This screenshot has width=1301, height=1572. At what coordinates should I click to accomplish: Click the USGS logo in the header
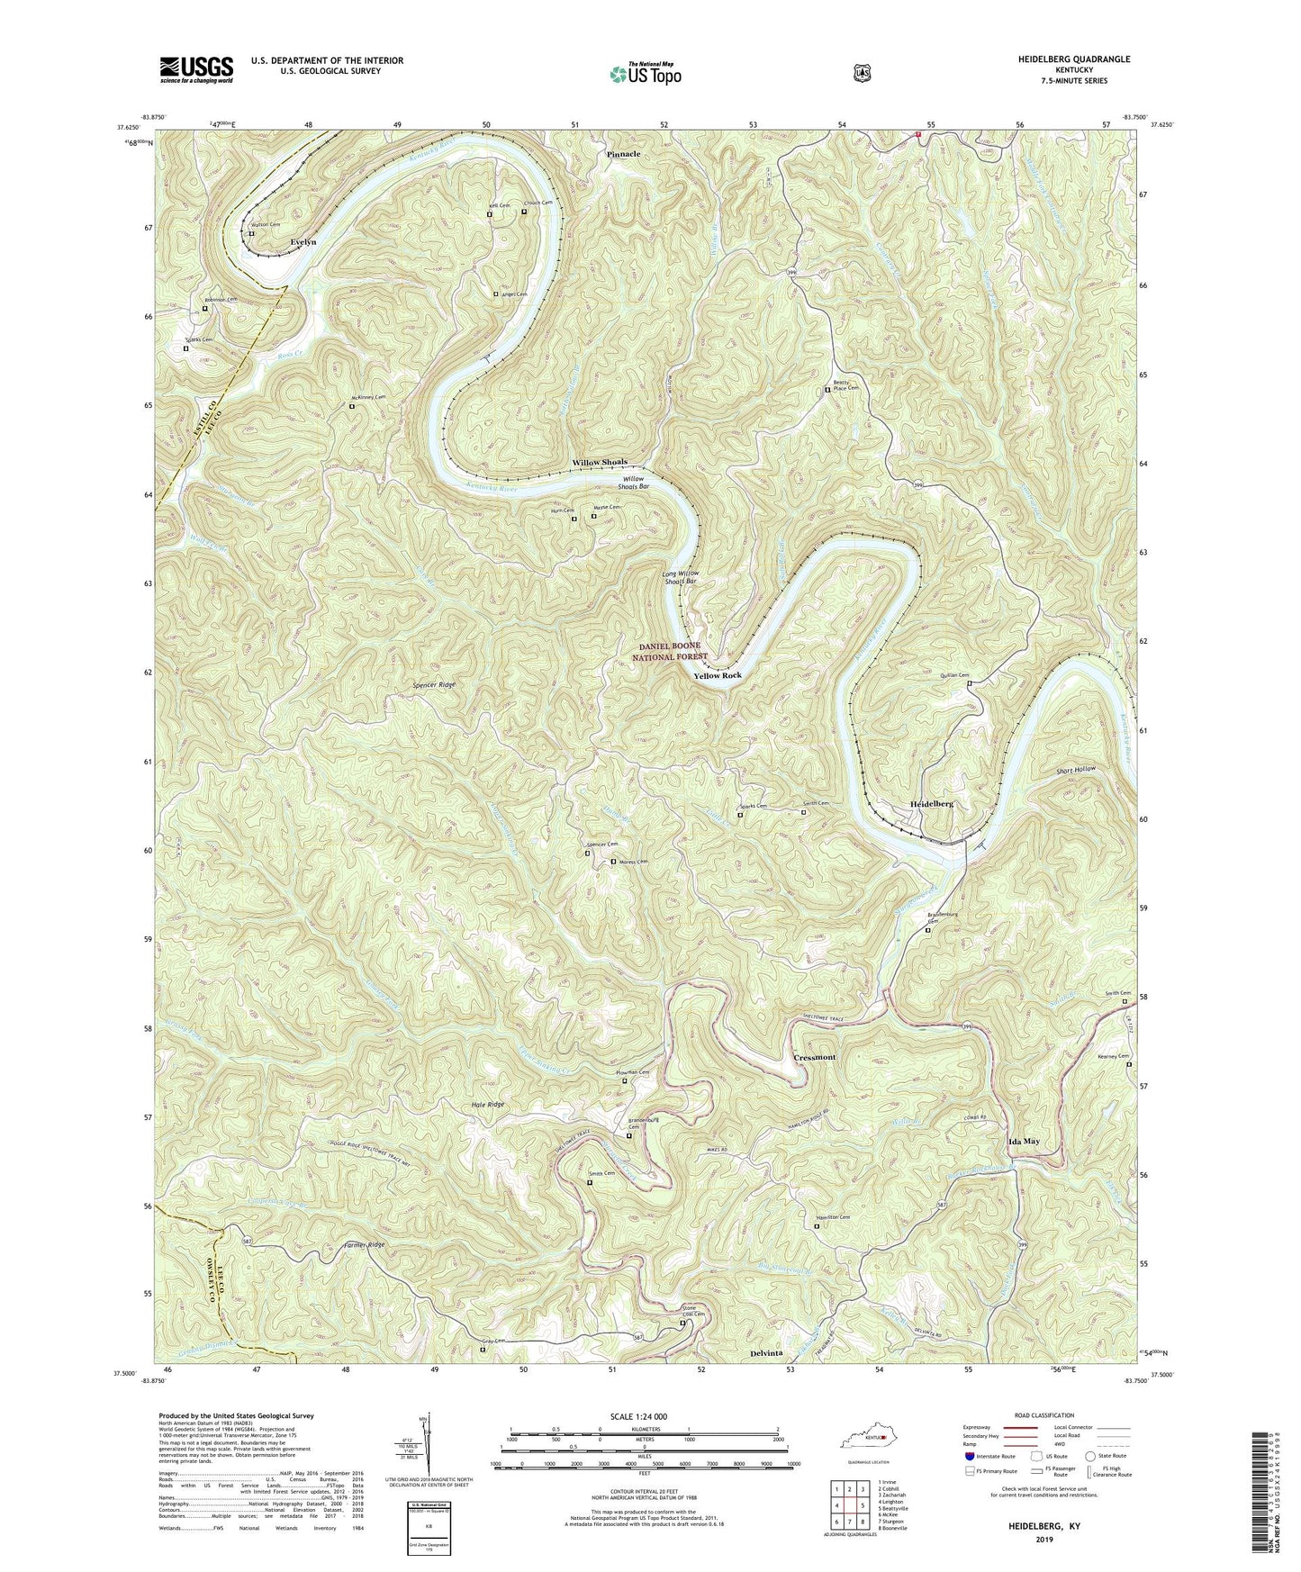point(196,68)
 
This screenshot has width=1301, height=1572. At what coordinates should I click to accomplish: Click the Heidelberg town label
point(931,803)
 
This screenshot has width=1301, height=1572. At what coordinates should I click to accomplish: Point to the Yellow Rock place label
point(717,675)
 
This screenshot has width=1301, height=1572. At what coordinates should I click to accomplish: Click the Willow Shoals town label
point(600,462)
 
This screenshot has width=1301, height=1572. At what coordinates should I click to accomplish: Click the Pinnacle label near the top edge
point(623,155)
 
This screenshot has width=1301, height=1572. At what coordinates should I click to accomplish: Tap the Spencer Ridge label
point(434,685)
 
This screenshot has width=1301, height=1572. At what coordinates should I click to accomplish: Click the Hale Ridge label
point(487,1104)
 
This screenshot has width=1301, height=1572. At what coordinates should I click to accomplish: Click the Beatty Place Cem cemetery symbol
point(828,390)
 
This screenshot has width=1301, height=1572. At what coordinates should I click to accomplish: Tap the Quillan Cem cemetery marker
point(970,683)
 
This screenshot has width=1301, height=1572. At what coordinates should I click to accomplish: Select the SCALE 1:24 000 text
point(643,1416)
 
